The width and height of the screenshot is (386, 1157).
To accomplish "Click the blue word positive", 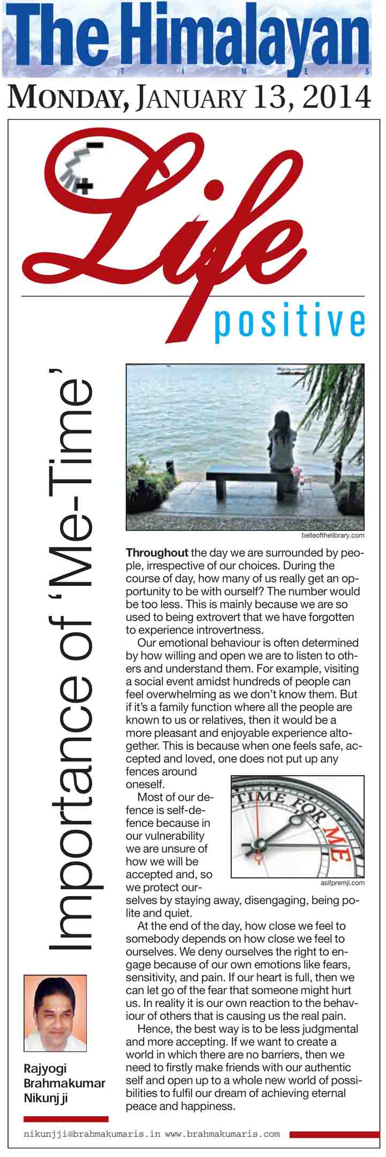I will pyautogui.click(x=289, y=323).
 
